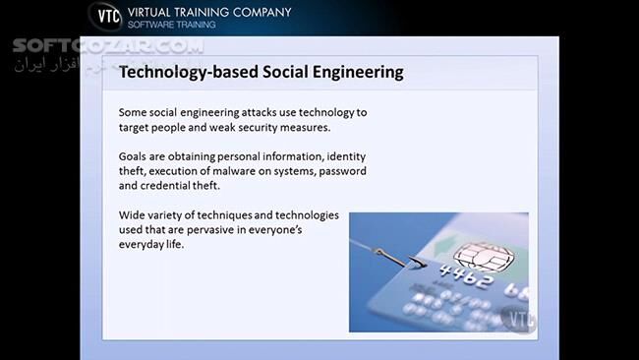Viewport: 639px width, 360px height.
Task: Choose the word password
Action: (x=338, y=171)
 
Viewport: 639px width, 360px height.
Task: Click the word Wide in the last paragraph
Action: (x=132, y=214)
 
